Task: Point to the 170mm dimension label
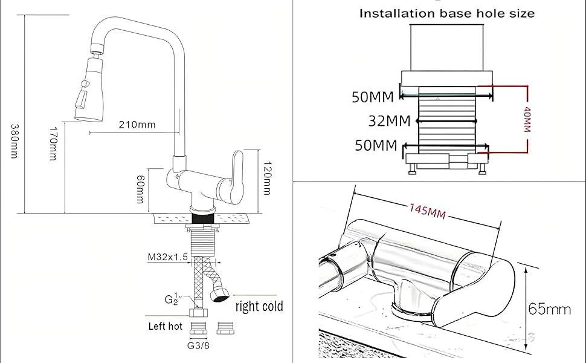click(x=53, y=143)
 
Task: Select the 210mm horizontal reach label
click(x=137, y=125)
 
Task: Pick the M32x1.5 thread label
click(x=168, y=257)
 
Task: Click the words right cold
click(x=259, y=306)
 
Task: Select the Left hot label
click(x=166, y=326)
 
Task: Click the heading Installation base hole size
click(x=447, y=13)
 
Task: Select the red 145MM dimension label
click(x=427, y=211)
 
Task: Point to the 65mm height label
click(x=549, y=309)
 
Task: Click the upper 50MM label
click(x=373, y=97)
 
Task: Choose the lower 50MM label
click(x=376, y=145)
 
